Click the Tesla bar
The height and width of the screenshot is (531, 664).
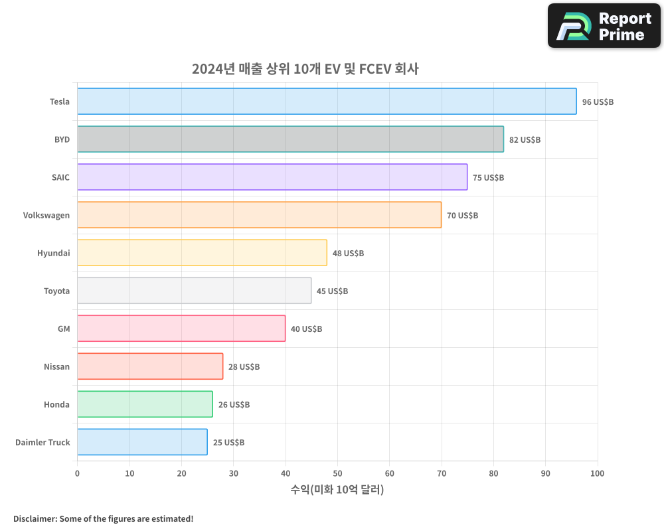pyautogui.click(x=327, y=102)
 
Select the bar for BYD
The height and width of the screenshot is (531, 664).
pyautogui.click(x=290, y=139)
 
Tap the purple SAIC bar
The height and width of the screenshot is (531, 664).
pyautogui.click(x=272, y=177)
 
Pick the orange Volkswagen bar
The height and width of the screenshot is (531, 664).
pyautogui.click(x=259, y=215)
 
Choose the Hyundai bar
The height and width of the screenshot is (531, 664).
pyautogui.click(x=202, y=253)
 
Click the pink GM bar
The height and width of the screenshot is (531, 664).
pyautogui.click(x=181, y=329)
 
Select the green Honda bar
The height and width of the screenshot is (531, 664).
pyautogui.click(x=145, y=404)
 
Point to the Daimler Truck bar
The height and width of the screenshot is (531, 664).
pyautogui.click(x=142, y=442)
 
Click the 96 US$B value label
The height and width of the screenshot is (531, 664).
pyautogui.click(x=598, y=102)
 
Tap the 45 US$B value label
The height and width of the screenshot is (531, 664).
pyautogui.click(x=332, y=291)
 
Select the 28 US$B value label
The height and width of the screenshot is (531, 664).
pyautogui.click(x=244, y=367)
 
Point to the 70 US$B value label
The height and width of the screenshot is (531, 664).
pyautogui.click(x=462, y=216)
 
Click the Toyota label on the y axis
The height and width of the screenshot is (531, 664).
pyautogui.click(x=56, y=291)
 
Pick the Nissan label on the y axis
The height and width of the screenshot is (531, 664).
pyautogui.click(x=56, y=367)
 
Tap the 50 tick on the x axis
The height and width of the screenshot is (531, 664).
pyautogui.click(x=337, y=473)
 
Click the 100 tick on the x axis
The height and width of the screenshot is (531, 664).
pyautogui.click(x=597, y=473)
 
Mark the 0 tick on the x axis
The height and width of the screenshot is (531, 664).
pyautogui.click(x=77, y=473)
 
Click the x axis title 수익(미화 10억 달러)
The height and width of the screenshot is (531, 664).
pyautogui.click(x=337, y=490)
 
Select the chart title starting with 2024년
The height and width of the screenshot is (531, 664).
pyautogui.click(x=305, y=69)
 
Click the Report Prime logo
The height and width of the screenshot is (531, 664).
pyautogui.click(x=604, y=26)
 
